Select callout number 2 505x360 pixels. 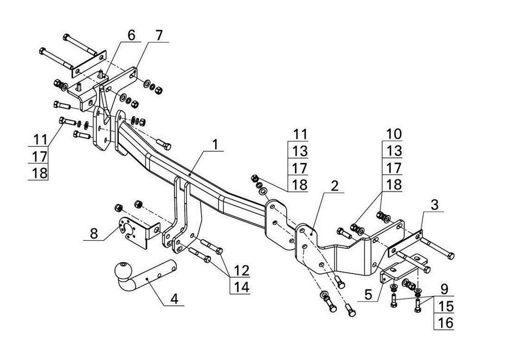click(x=335, y=186)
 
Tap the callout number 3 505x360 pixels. click(x=435, y=205)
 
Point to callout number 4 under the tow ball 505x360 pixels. click(x=174, y=299)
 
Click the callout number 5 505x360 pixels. click(x=368, y=295)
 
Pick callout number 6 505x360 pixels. click(x=132, y=35)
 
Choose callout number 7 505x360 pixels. click(x=159, y=35)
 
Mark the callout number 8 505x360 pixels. click(x=94, y=234)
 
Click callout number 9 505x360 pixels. click(x=445, y=289)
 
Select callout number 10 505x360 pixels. click(x=392, y=134)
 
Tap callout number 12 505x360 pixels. click(x=241, y=271)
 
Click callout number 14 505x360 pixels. click(x=241, y=288)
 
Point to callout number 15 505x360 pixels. click(x=445, y=306)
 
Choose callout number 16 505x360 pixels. click(x=445, y=323)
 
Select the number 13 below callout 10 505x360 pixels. click(x=392, y=151)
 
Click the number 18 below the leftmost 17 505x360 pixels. click(x=40, y=174)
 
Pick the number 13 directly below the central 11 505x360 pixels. click(x=300, y=151)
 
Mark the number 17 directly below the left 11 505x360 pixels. click(x=40, y=157)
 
